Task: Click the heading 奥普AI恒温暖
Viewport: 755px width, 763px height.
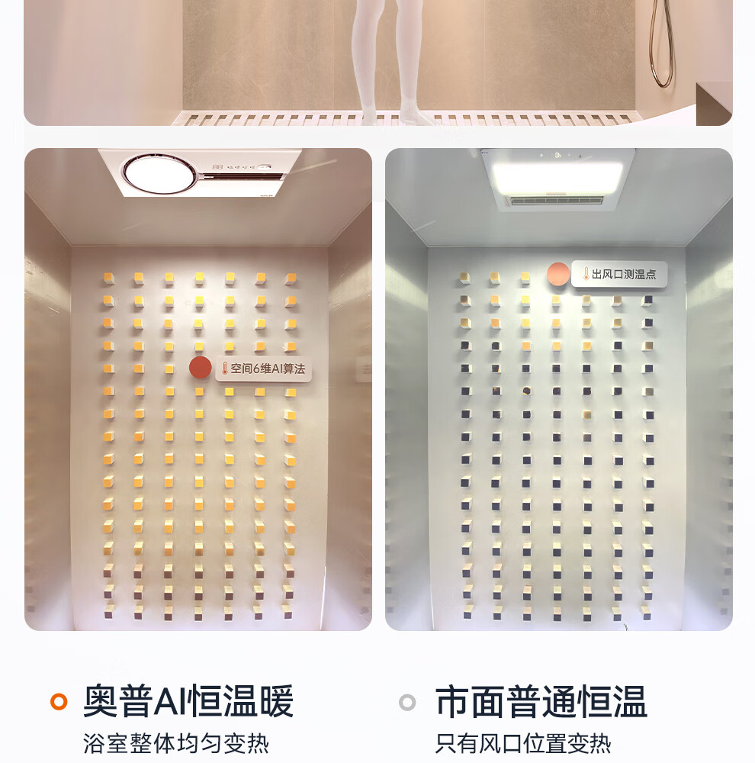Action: (188, 701)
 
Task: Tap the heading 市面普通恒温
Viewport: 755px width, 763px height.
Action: (541, 701)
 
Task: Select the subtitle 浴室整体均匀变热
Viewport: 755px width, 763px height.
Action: (176, 743)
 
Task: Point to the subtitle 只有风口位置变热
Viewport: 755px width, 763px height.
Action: (523, 743)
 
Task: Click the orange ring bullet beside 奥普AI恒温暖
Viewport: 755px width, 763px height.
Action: (59, 702)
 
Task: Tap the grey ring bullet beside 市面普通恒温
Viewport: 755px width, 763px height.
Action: (407, 702)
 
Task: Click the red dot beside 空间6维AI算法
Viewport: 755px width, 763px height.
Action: (201, 368)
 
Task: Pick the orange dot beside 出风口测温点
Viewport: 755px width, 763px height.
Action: (558, 273)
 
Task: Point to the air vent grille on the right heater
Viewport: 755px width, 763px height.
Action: (557, 201)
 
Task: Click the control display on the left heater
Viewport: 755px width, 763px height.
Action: (241, 167)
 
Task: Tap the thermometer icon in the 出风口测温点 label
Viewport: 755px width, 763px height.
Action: (586, 274)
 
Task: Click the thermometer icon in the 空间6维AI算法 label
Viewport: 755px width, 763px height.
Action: (225, 369)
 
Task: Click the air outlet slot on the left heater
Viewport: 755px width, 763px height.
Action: (243, 177)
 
